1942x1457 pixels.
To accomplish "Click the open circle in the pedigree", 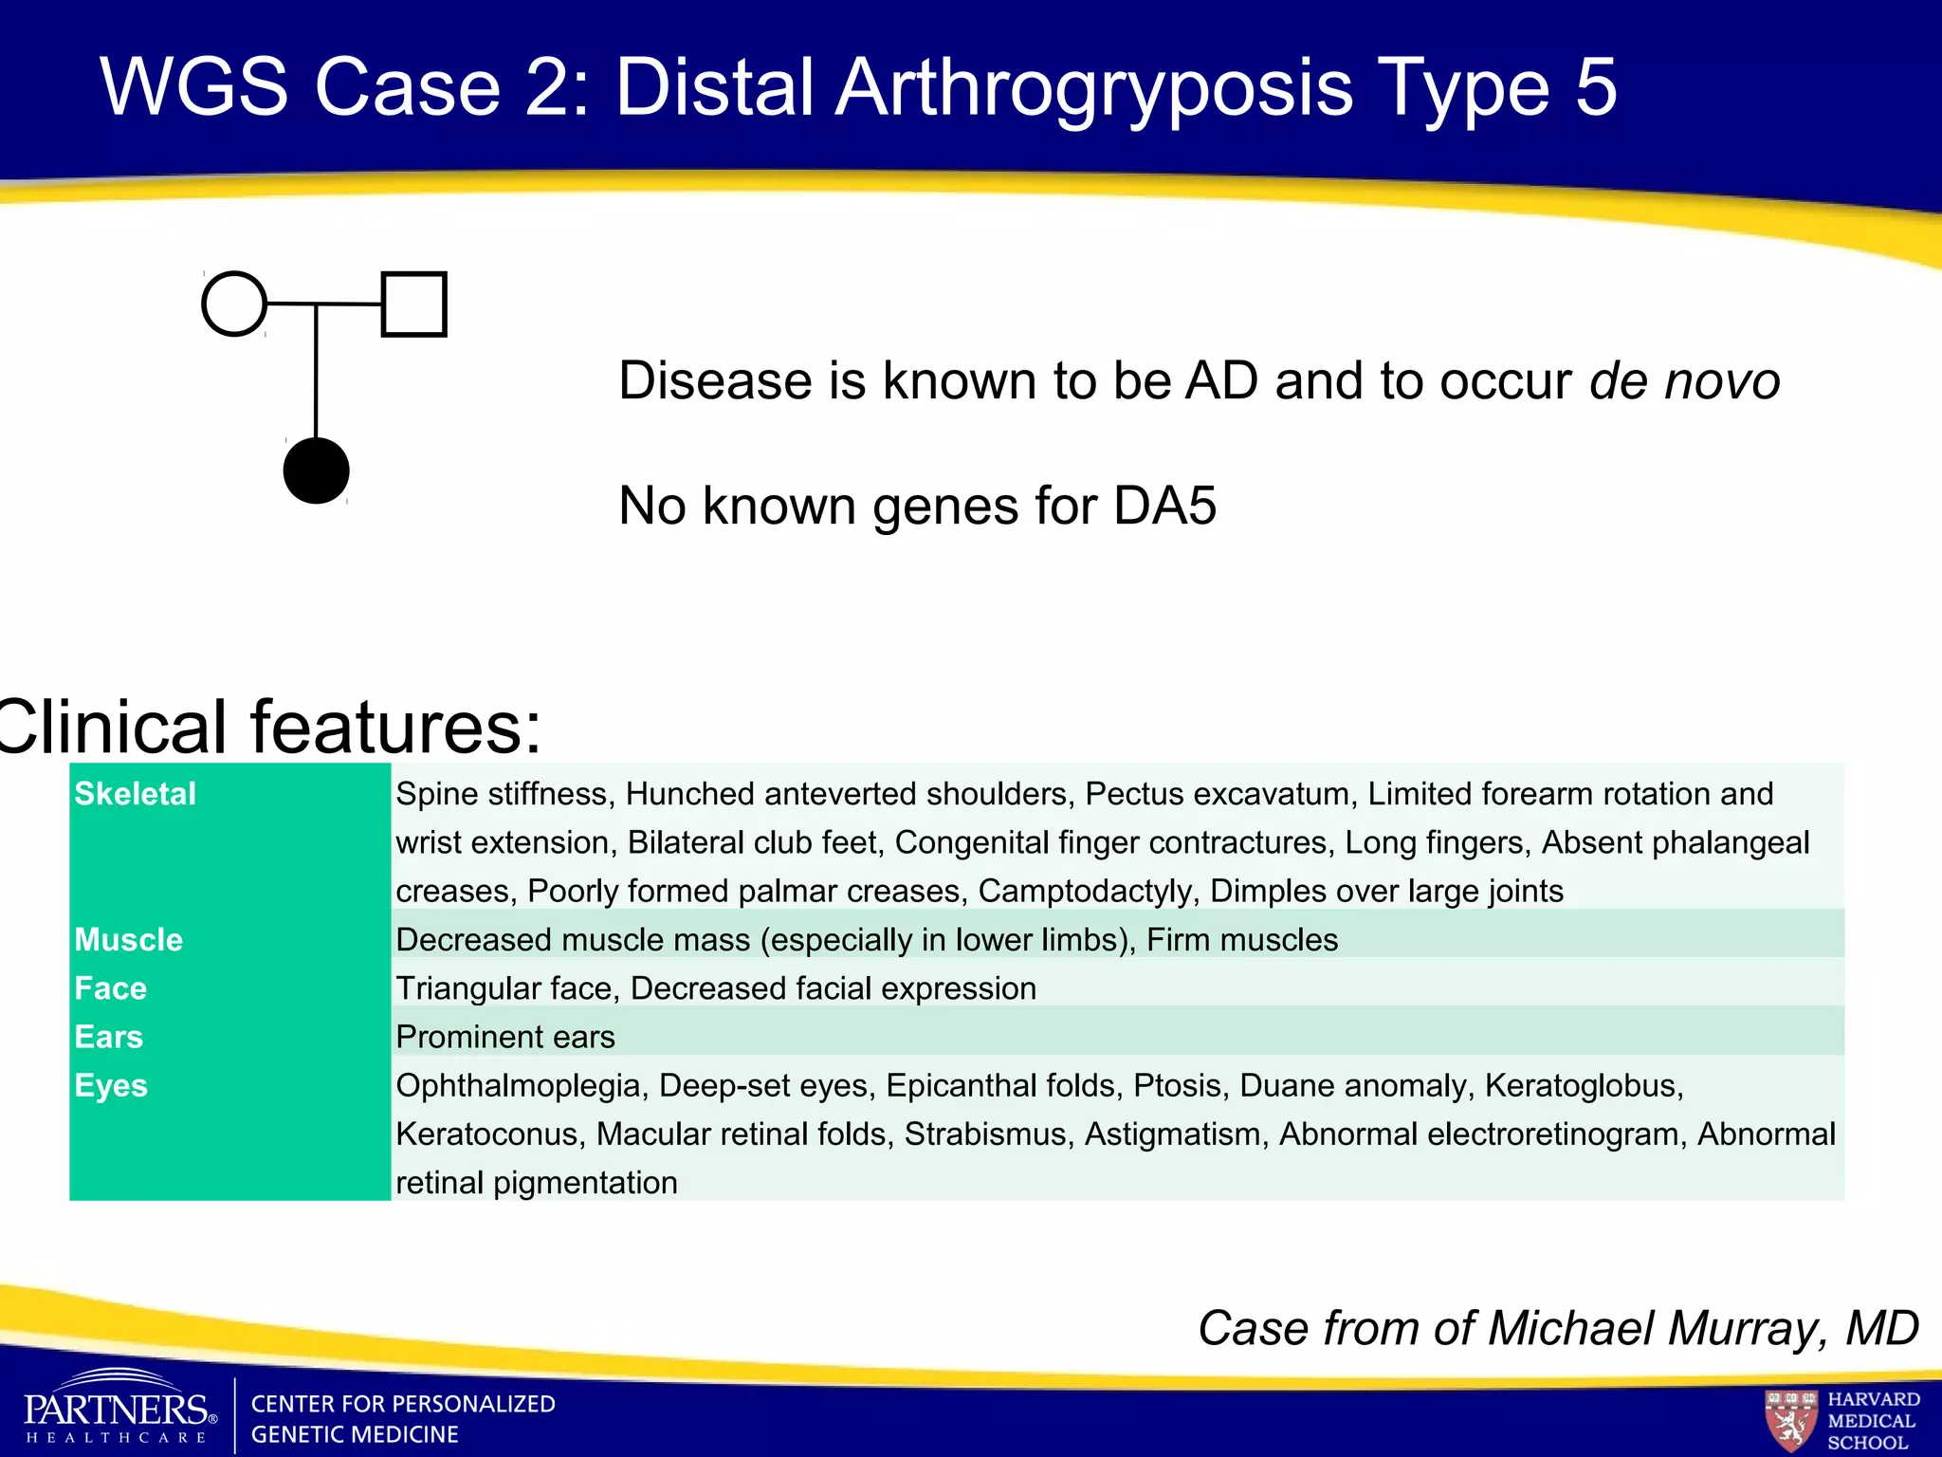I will pyautogui.click(x=234, y=304).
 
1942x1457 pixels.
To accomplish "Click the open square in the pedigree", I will pyautogui.click(x=413, y=304).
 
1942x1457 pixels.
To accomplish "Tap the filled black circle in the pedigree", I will pyautogui.click(x=316, y=470).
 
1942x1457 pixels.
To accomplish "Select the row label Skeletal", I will pyautogui.click(x=136, y=794).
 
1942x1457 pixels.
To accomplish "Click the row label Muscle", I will pyautogui.click(x=129, y=939).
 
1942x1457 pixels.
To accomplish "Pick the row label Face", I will pyautogui.click(x=111, y=988).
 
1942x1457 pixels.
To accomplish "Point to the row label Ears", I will pyautogui.click(x=109, y=1037).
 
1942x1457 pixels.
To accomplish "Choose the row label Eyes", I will pyautogui.click(x=111, y=1086).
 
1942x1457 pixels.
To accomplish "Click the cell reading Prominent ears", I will pyautogui.click(x=505, y=1037).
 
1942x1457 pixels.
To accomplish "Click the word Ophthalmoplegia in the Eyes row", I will pyautogui.click(x=518, y=1086).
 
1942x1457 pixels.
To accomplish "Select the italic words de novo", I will pyautogui.click(x=1684, y=381).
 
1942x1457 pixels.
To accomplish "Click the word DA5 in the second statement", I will pyautogui.click(x=1164, y=506).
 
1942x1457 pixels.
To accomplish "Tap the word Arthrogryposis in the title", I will pyautogui.click(x=1095, y=87).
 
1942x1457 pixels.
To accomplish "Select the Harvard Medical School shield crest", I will pyautogui.click(x=1790, y=1419).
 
